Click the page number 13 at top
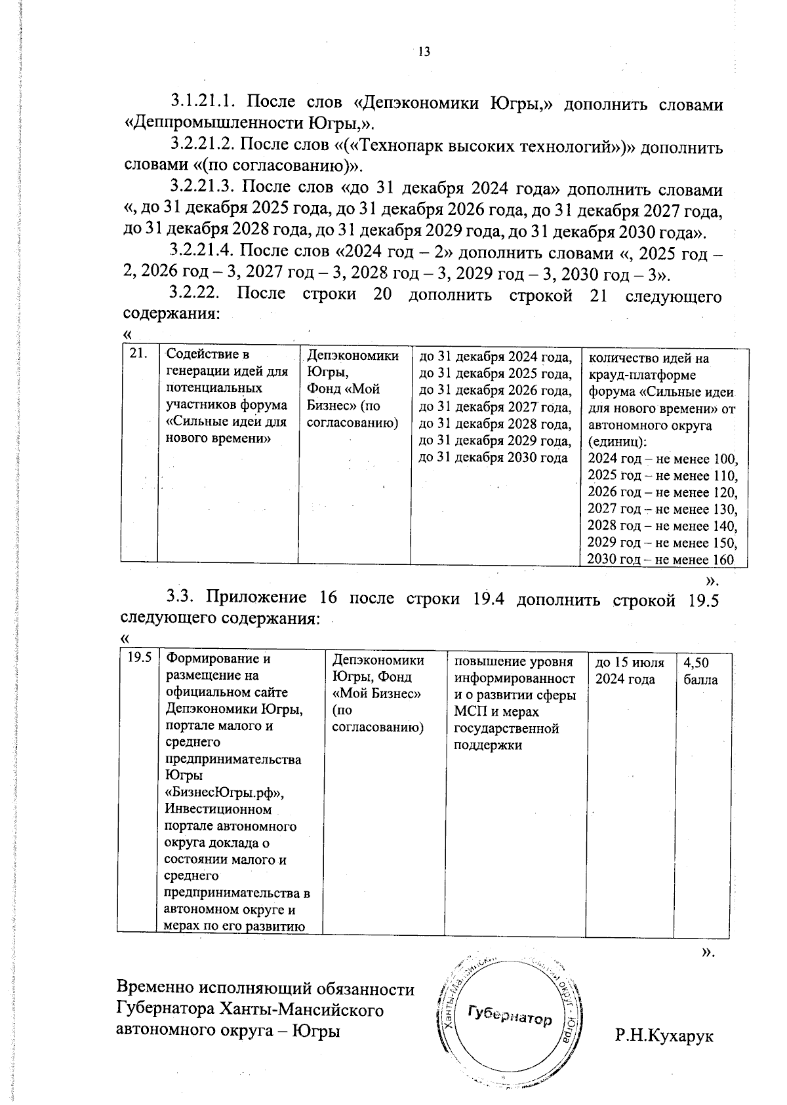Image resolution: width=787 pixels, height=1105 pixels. point(424,52)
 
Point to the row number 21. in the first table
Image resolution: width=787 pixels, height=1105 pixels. point(137,355)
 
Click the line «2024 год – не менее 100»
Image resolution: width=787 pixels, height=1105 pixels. point(662,459)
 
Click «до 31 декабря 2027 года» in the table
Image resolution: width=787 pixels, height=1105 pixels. point(495,408)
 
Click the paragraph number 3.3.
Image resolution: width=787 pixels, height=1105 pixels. point(180,597)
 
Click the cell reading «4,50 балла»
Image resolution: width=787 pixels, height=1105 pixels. point(700,670)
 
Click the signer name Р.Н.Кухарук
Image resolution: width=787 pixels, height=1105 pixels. point(664,1036)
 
